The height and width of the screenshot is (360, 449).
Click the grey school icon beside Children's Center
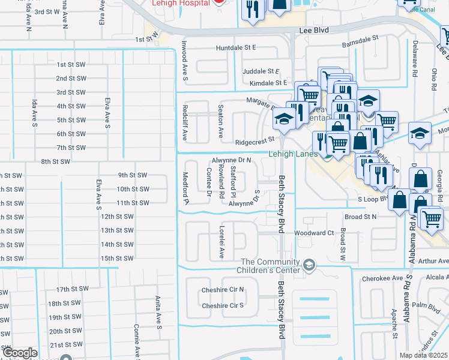coord(309,265)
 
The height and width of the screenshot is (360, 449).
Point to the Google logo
coord(19,353)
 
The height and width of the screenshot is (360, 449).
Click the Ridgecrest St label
coord(255,142)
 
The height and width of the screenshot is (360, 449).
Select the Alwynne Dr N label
coord(231,161)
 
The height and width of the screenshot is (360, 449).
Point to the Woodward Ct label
coord(313,233)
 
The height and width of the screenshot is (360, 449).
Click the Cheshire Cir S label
coord(223,305)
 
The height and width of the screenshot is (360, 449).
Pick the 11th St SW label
coord(133,203)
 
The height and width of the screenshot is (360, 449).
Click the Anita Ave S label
coord(158,314)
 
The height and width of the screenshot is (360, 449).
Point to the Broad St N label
coord(361,217)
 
